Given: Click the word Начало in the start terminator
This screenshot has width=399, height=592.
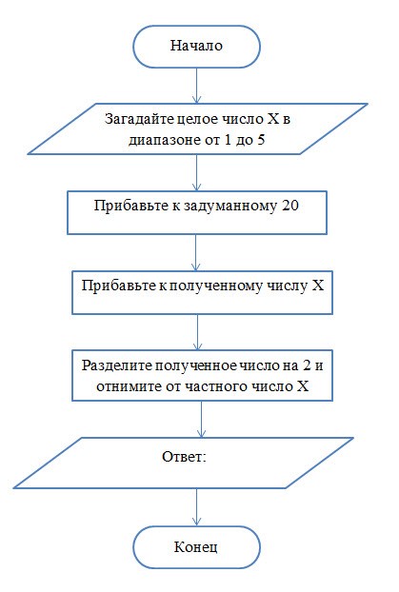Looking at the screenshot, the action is pos(196,46).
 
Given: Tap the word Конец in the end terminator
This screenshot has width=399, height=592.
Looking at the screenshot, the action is pos(196,547).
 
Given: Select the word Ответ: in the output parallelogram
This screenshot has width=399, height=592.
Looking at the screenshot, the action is pos(185,457).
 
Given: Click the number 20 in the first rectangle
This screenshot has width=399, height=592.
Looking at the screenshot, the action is pos(290,206).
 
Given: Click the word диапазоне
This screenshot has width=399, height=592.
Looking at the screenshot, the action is pos(165,141).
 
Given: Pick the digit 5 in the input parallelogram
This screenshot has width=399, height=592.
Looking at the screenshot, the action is pos(261,140).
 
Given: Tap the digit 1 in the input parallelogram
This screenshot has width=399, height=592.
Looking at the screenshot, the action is pos(227,140).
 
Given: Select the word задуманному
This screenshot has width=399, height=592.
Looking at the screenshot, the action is pos(230,207).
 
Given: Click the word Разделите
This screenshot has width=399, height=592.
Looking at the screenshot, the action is pos(117,365).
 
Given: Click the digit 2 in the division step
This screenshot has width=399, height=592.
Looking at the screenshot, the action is pos(306,365).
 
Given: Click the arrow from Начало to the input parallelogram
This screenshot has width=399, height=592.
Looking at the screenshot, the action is pos(196,86).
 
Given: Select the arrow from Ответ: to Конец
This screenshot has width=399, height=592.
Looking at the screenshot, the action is pos(196,507).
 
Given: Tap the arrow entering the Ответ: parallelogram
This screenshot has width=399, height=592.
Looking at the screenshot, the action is pos(201,419).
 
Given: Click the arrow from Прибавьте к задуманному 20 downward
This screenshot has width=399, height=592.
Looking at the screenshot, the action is pos(196,252).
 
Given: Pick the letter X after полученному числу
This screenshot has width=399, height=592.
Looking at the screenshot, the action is pos(318,285).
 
